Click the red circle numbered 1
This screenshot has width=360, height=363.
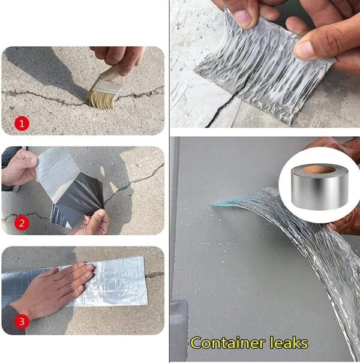click(x=22, y=124)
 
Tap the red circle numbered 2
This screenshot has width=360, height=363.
click(x=22, y=223)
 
